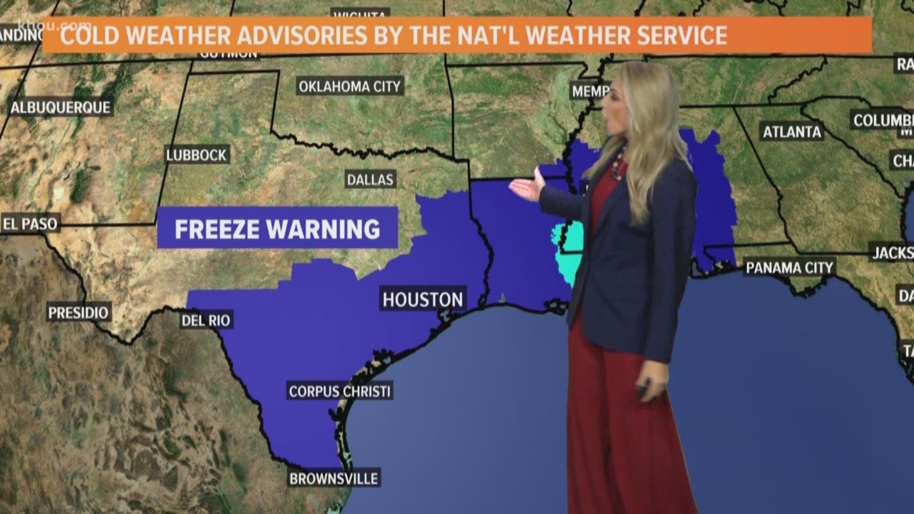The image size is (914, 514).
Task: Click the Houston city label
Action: tap(423, 299)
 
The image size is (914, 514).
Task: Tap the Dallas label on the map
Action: tap(370, 179)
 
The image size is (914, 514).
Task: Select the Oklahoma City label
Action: tap(350, 87)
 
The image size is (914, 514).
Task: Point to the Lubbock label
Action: tap(196, 155)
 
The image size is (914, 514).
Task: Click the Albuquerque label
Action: tap(60, 108)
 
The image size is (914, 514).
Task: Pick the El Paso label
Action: tap(30, 224)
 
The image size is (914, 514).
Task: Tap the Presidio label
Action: tap(79, 313)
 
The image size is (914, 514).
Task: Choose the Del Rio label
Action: tap(206, 320)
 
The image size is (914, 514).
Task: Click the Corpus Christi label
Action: tap(340, 391)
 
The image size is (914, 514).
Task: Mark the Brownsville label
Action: tap(334, 478)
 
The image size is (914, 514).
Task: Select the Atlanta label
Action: tap(792, 131)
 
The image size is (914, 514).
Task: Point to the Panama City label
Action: tap(789, 267)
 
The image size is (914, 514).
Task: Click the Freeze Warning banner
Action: tap(278, 229)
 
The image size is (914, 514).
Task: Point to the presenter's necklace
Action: tap(617, 162)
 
